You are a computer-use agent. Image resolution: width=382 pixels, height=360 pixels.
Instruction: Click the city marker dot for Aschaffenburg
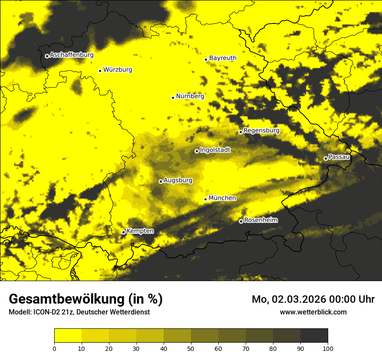click(47, 56)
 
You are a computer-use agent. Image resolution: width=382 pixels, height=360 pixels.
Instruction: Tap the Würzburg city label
click(118, 70)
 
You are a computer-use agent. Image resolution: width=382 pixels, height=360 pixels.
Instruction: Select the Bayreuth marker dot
click(206, 59)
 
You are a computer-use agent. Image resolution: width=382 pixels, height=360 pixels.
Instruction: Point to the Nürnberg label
click(190, 96)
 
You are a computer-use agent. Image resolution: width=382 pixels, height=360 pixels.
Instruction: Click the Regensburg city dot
click(240, 132)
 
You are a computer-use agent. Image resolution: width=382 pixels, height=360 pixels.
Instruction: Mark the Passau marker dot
click(326, 158)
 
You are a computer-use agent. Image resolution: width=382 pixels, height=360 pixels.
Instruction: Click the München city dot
click(206, 199)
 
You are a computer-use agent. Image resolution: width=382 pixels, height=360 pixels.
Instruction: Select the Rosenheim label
click(260, 220)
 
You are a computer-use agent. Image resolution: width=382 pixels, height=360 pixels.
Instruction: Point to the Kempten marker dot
click(123, 232)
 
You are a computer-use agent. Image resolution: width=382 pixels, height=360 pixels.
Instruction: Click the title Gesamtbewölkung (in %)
click(86, 299)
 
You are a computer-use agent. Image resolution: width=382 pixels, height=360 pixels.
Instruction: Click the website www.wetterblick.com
click(313, 312)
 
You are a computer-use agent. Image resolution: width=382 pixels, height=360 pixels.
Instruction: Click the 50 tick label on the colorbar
click(191, 348)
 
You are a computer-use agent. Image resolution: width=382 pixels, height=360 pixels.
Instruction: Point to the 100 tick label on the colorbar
click(328, 348)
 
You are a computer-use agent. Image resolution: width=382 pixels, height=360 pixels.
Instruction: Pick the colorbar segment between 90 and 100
click(314, 336)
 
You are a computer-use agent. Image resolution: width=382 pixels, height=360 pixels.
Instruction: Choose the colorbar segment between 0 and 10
click(68, 336)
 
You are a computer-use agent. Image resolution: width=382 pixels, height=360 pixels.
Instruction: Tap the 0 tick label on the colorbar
click(54, 348)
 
